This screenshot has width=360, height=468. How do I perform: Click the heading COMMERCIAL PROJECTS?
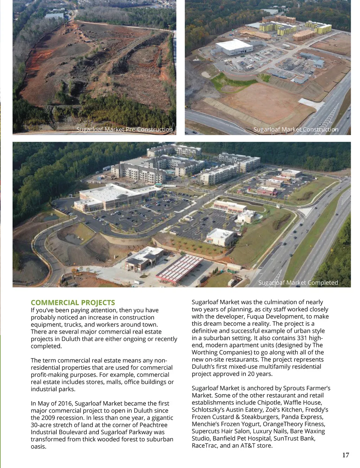pos(73,303)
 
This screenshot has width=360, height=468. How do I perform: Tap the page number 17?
pos(346,455)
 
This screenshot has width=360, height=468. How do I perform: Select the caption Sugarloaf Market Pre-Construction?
pos(124,129)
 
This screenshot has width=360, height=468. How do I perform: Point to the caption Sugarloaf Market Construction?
pos(296,129)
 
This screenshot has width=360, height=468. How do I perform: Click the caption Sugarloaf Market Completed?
pos(298,283)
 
